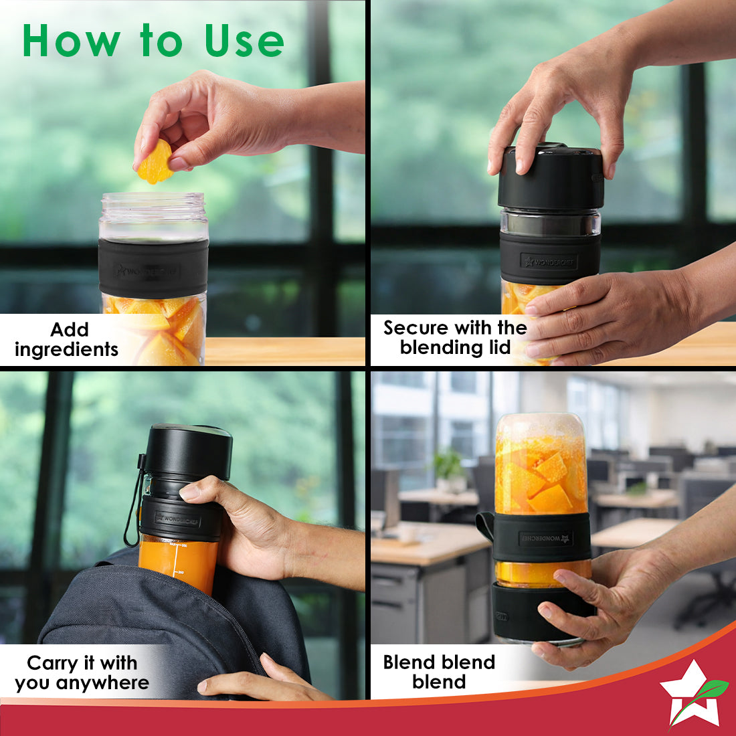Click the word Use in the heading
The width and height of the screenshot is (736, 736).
click(244, 41)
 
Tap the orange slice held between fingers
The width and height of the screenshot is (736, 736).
click(155, 162)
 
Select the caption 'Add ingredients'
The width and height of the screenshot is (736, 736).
click(67, 339)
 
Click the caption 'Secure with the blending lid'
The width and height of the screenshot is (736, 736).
click(455, 337)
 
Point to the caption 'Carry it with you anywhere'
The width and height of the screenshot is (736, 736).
click(82, 672)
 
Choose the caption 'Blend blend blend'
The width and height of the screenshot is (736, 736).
click(440, 672)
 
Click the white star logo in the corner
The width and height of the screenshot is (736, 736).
click(690, 694)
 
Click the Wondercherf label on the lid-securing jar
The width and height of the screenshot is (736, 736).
click(549, 262)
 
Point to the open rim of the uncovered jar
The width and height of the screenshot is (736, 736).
click(153, 198)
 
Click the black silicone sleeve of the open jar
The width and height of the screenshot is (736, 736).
click(153, 268)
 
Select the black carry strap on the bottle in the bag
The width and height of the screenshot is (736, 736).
click(134, 500)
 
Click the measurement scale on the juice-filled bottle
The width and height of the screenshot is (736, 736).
click(177, 559)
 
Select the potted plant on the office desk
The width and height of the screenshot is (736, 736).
click(449, 470)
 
